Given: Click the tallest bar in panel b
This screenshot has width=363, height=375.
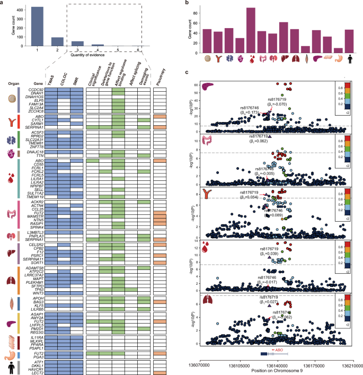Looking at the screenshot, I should click(251, 30).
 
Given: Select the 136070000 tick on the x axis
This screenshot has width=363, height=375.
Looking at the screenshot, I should click(200, 365).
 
